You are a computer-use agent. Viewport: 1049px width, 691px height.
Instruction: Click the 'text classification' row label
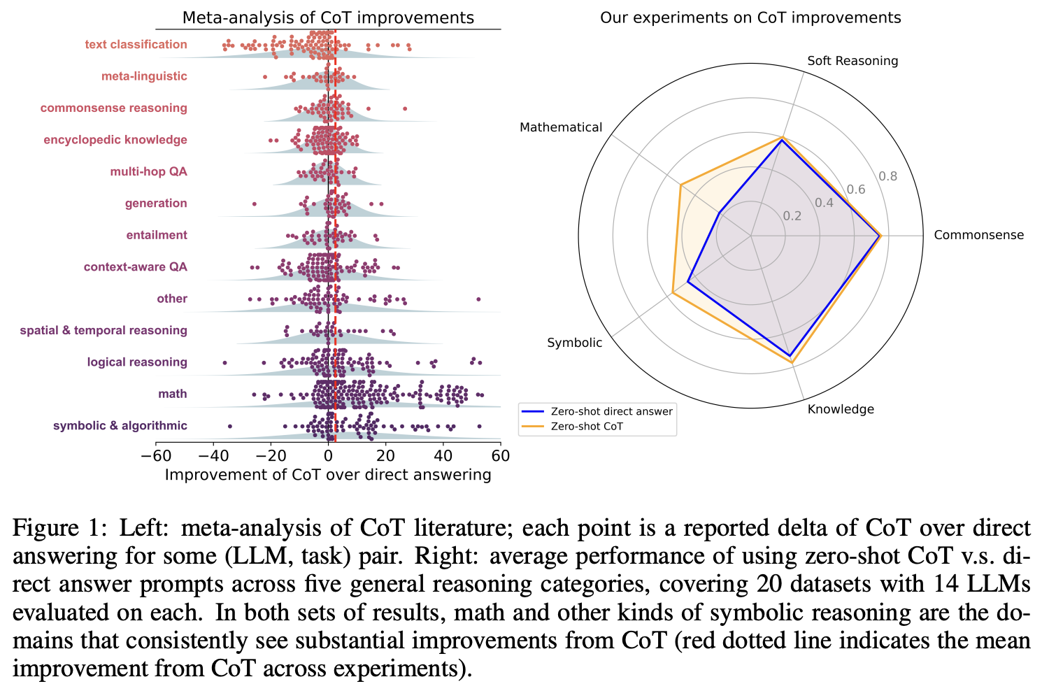click(x=136, y=45)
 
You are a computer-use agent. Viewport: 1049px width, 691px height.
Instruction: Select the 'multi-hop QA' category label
click(x=148, y=172)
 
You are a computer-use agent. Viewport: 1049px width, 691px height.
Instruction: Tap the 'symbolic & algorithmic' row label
click(x=120, y=426)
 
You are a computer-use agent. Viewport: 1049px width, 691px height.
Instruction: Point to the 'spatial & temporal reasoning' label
click(x=104, y=331)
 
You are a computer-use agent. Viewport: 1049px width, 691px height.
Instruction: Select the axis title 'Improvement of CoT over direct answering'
click(x=328, y=476)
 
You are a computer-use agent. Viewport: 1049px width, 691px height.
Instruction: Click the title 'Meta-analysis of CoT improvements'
click(x=328, y=17)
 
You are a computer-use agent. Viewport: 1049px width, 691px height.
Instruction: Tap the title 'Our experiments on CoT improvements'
click(x=750, y=17)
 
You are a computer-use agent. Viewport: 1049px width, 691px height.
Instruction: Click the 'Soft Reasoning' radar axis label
click(x=852, y=61)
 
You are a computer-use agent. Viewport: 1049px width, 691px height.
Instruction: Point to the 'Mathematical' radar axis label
click(x=560, y=127)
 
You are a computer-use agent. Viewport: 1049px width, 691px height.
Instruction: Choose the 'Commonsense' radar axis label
click(x=978, y=235)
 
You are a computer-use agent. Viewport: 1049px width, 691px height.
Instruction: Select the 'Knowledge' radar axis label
click(x=840, y=409)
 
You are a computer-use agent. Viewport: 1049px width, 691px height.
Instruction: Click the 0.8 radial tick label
click(x=888, y=176)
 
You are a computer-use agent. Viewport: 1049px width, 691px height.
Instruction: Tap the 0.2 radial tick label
click(x=792, y=215)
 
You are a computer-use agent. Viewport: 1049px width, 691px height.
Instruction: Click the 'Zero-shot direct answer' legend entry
click(x=611, y=411)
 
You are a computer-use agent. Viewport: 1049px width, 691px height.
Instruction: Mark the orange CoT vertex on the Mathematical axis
click(x=680, y=185)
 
